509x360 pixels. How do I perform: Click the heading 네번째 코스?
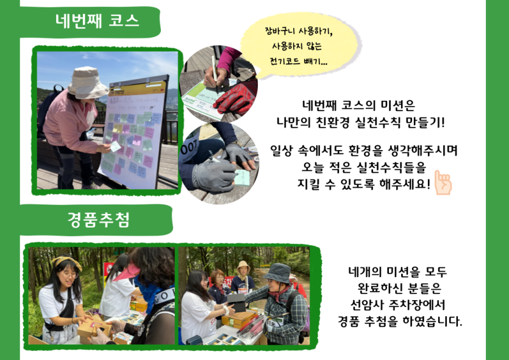[x=98, y=21]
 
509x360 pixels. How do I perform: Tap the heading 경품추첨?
[x=98, y=220]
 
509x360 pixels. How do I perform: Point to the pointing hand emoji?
[x=443, y=182]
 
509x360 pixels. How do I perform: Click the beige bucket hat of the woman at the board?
[x=88, y=82]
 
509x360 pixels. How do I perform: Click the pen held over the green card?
[x=215, y=73]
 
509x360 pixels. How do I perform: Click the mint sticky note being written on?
[x=242, y=178]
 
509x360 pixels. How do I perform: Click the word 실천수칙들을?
[x=391, y=167]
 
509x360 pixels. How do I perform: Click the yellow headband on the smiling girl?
[x=67, y=262]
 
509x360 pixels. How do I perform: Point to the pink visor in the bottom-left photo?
[x=127, y=273]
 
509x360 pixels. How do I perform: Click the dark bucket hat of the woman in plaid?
[x=277, y=273]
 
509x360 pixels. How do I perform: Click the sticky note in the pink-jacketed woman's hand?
[x=115, y=146]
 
